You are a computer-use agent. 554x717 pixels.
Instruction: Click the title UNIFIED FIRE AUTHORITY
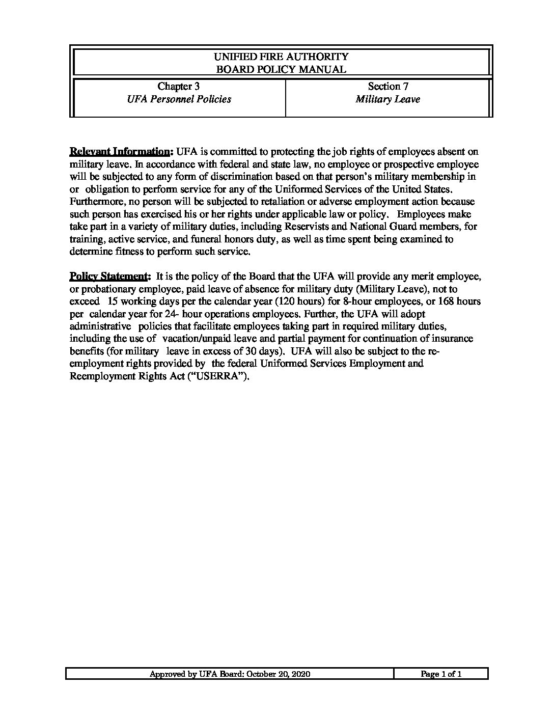[281, 57]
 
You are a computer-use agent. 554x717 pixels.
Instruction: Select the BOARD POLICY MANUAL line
[281, 69]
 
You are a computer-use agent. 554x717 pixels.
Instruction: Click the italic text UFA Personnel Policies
[179, 99]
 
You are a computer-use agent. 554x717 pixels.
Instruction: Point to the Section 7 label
[388, 87]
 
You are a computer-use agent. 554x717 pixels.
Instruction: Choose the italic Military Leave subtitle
[388, 99]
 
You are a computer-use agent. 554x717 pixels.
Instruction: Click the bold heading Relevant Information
[121, 152]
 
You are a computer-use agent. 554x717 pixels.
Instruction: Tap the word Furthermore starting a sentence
[95, 202]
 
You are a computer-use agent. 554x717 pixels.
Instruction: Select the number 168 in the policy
[446, 301]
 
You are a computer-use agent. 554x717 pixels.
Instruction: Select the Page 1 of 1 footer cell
[441, 674]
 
